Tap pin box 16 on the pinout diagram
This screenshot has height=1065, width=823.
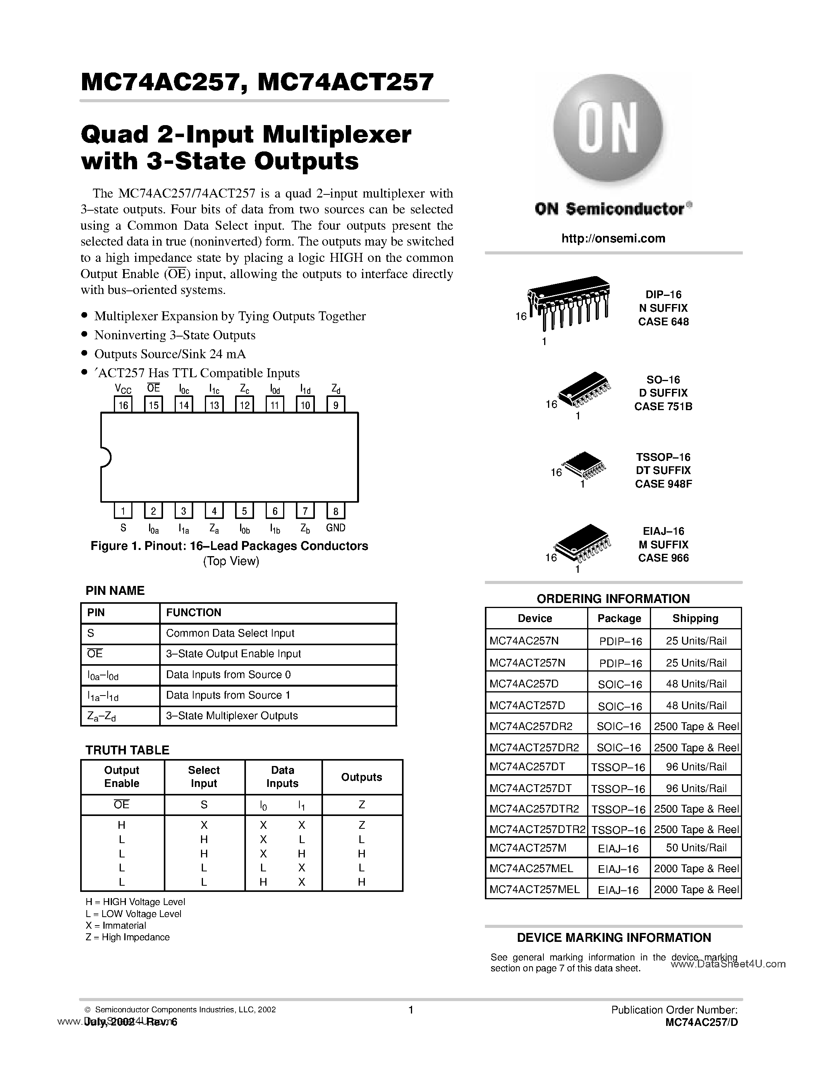[x=123, y=405]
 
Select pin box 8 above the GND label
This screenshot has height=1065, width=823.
[x=335, y=511]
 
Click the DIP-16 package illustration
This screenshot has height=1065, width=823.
[x=569, y=305]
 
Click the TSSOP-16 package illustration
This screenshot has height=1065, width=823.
[x=582, y=468]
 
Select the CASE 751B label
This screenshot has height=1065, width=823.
[x=663, y=407]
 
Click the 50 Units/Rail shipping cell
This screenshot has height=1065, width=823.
[x=696, y=848]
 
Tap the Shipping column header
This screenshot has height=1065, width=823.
[x=695, y=618]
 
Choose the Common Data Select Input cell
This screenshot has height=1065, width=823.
[x=230, y=634]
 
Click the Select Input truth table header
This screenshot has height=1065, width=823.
[x=204, y=777]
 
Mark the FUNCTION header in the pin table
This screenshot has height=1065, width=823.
[x=194, y=613]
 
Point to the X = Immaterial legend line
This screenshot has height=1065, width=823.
[x=115, y=926]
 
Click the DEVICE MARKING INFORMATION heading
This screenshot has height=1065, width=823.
[x=613, y=938]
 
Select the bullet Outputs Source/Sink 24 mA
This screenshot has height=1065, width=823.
[x=170, y=354]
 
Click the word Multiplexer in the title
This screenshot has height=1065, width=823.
[x=337, y=135]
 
